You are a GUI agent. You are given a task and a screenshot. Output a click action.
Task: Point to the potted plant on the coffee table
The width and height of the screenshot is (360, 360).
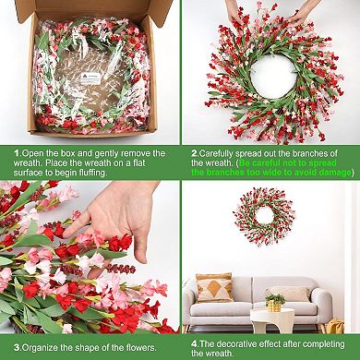point(274,301)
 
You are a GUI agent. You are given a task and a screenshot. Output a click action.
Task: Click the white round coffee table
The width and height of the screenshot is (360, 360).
point(272,319)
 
